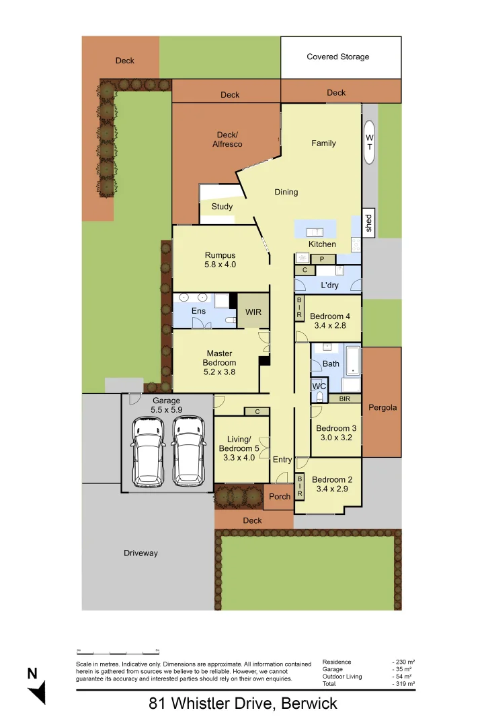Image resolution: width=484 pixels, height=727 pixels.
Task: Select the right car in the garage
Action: point(188,451)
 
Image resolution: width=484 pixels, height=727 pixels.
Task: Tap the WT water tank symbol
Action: point(369,142)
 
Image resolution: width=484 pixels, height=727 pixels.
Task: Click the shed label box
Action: point(368,223)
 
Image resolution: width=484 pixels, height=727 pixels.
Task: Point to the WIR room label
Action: point(253,312)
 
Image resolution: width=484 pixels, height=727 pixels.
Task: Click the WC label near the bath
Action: point(319,386)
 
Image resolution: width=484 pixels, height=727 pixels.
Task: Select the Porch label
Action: point(280,497)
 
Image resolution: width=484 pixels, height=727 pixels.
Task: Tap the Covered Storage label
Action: point(337,57)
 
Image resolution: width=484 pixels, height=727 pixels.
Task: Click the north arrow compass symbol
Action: point(37,686)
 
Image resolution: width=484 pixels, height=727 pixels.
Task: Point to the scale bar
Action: point(118,652)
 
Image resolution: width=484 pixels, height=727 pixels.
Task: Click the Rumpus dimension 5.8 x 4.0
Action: point(220,265)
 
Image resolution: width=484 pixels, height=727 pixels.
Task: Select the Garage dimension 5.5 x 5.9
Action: point(165,410)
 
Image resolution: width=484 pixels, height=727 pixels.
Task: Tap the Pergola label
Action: point(382,408)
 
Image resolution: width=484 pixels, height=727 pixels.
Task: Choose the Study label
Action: point(222,207)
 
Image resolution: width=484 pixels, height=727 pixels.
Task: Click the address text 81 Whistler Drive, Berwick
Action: point(243,704)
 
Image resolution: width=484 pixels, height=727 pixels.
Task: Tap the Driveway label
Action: point(140,553)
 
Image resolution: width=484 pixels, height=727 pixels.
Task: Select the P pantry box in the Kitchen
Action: point(323,259)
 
